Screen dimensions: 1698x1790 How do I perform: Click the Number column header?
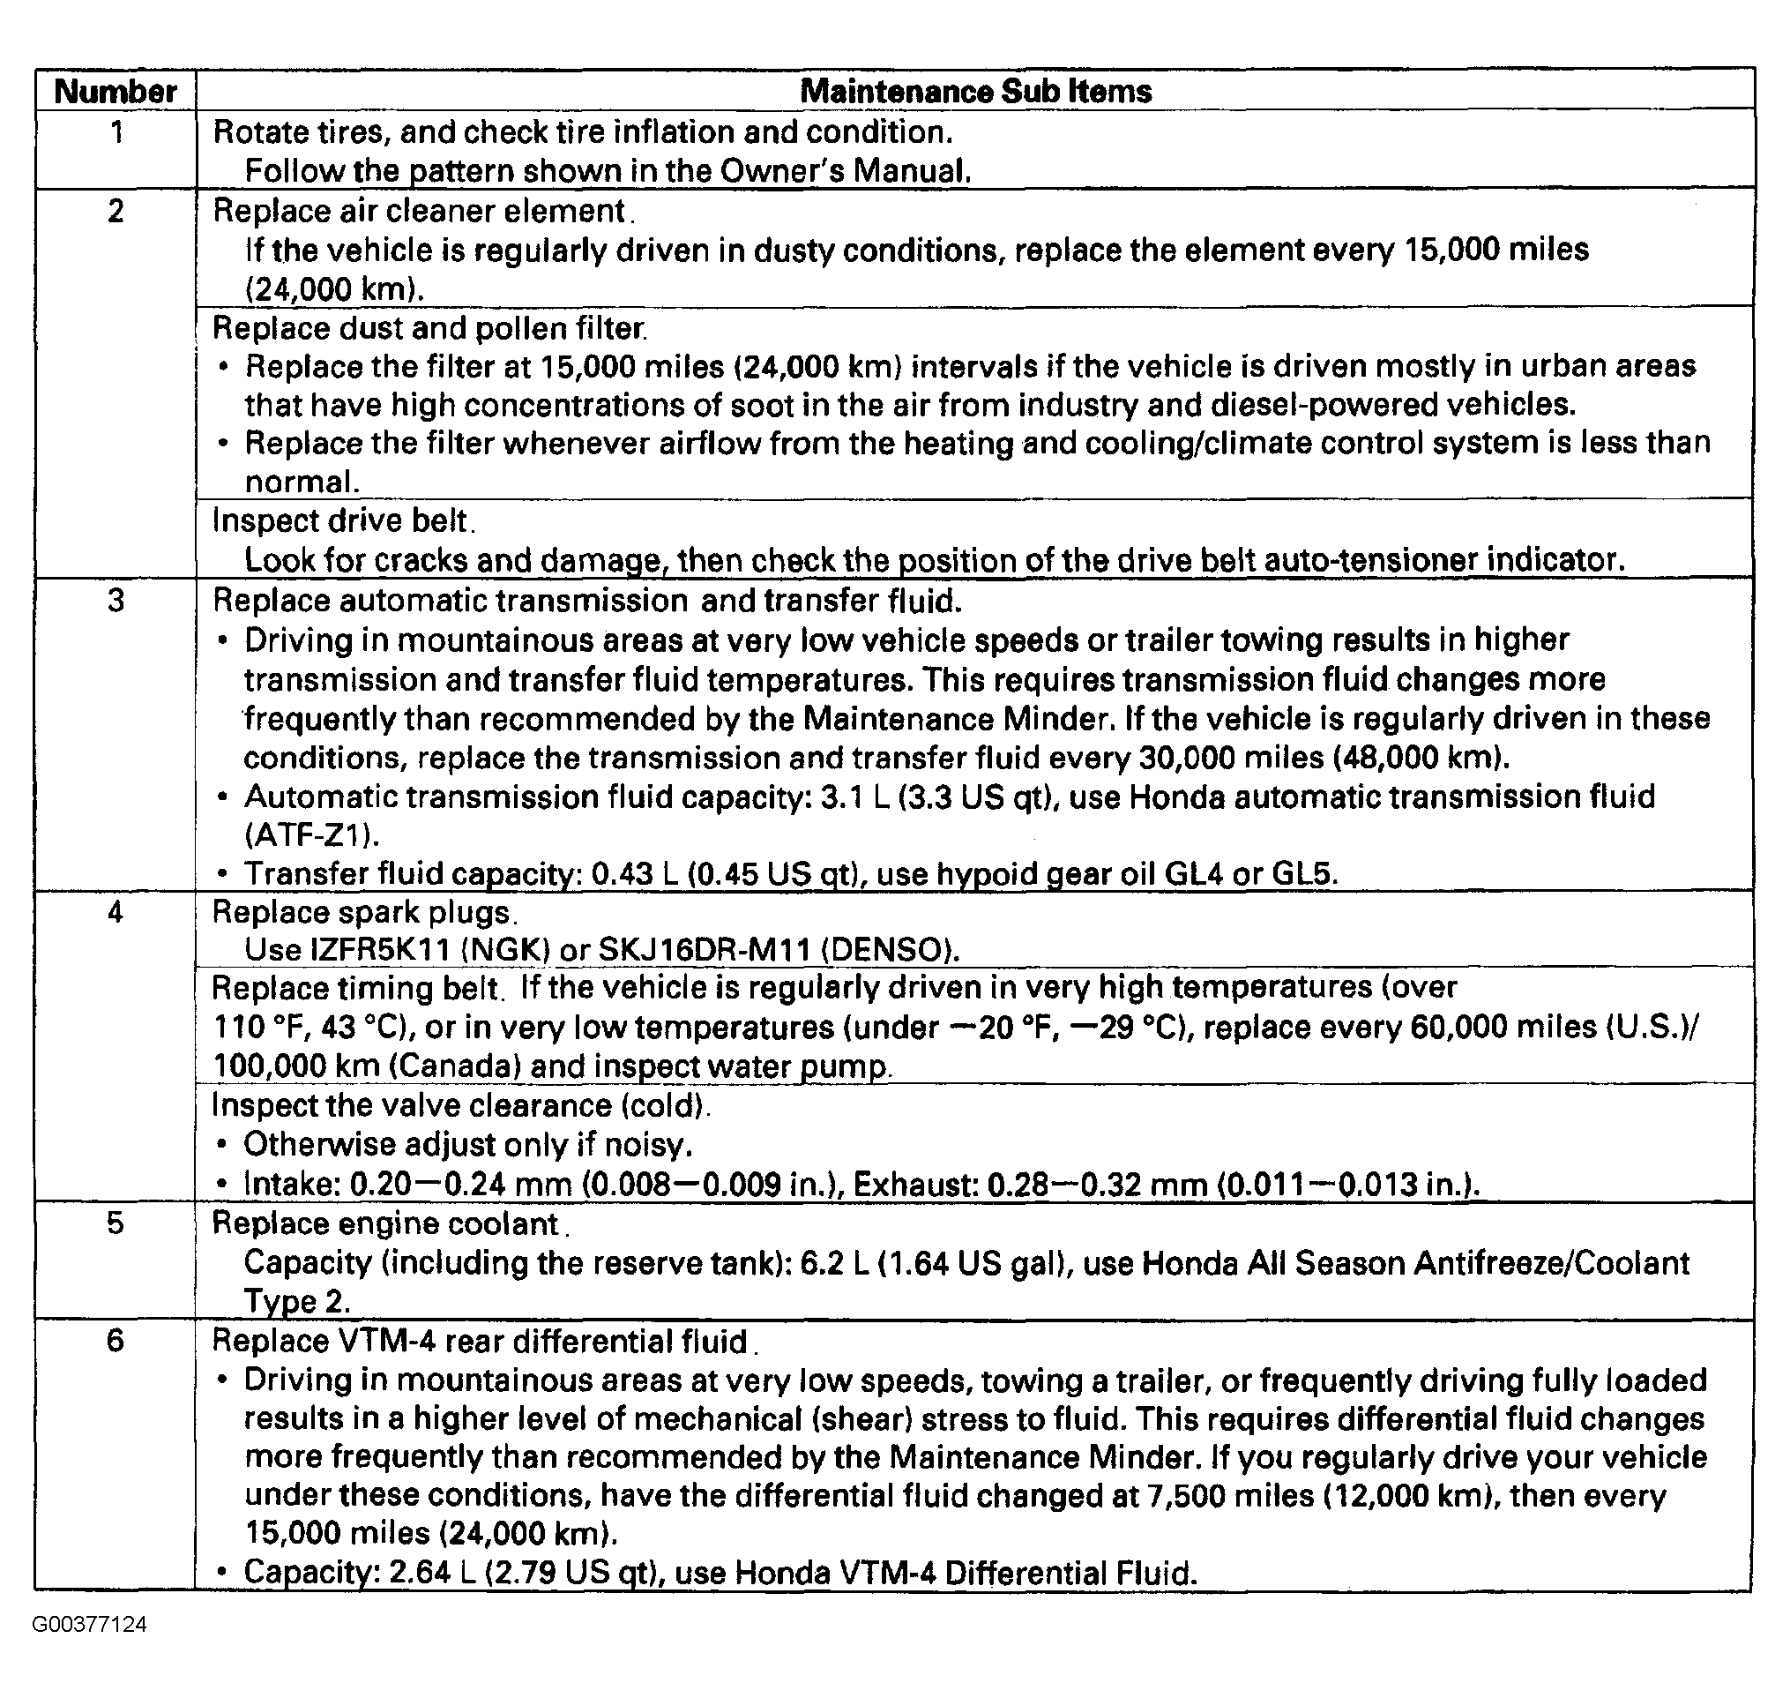pyautogui.click(x=115, y=92)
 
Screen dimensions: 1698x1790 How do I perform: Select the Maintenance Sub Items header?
pyautogui.click(x=975, y=92)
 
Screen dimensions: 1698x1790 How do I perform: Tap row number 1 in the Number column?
pyautogui.click(x=116, y=133)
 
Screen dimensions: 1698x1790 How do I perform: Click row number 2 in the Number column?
pyautogui.click(x=116, y=212)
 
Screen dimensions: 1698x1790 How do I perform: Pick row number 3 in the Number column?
pyautogui.click(x=116, y=601)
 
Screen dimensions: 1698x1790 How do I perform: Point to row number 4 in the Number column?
pyautogui.click(x=115, y=911)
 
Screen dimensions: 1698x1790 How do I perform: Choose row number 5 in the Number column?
pyautogui.click(x=115, y=1223)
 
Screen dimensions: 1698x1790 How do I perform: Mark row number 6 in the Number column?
pyautogui.click(x=115, y=1341)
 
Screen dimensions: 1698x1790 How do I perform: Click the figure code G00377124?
pyautogui.click(x=90, y=1649)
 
